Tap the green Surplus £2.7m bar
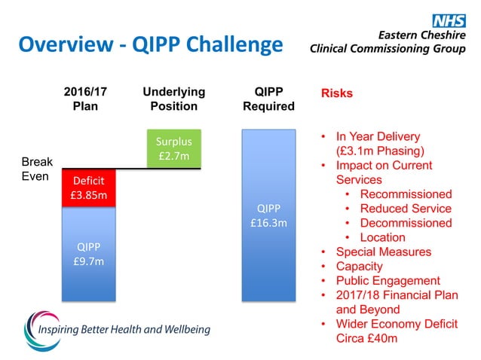click(x=173, y=149)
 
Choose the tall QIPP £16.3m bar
click(x=268, y=215)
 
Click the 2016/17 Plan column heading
click(x=84, y=99)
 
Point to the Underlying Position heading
click(x=173, y=99)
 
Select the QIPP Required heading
click(x=268, y=99)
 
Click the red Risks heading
click(x=337, y=93)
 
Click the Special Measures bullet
click(x=383, y=252)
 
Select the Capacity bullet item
click(x=359, y=266)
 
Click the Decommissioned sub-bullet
click(x=406, y=223)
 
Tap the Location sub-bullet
click(x=382, y=237)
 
